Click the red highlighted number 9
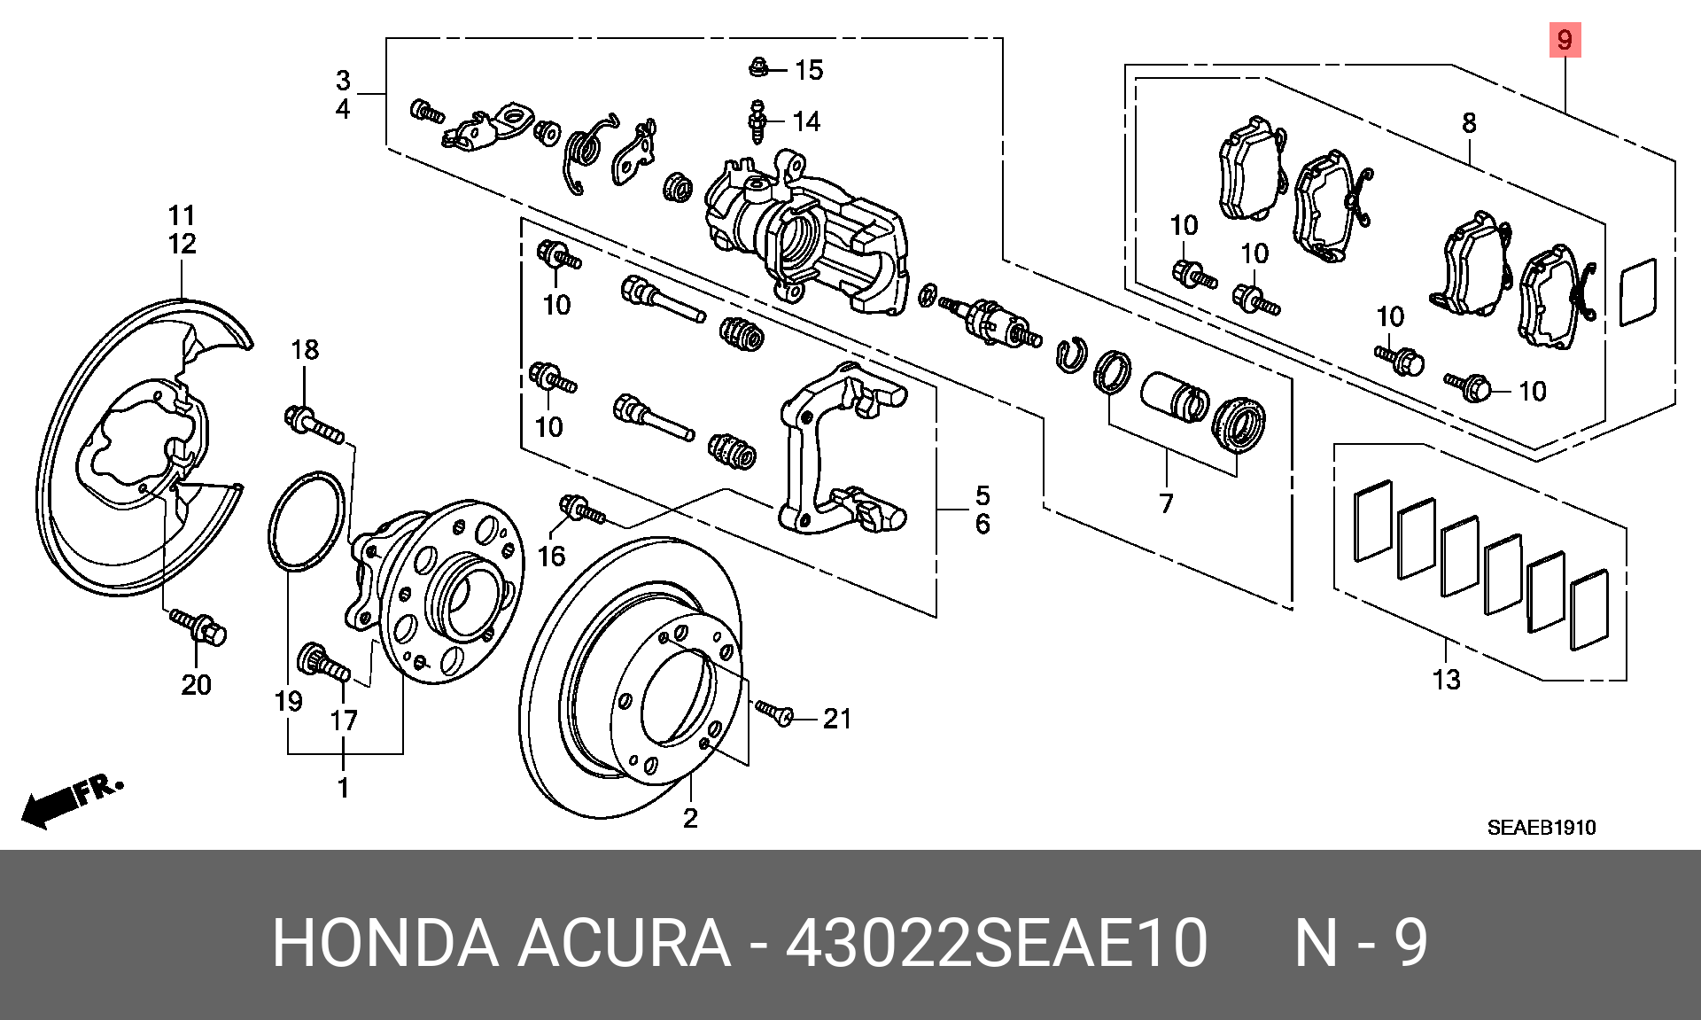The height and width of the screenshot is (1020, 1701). point(1565,40)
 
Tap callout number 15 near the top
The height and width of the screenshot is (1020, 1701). point(809,70)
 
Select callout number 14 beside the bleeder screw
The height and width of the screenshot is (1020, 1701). point(806,121)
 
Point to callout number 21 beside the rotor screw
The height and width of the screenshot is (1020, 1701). point(837,719)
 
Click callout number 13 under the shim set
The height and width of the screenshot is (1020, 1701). point(1446,680)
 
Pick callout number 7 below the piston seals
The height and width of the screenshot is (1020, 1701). point(1166,503)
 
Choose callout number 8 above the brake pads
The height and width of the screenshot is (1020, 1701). point(1469,122)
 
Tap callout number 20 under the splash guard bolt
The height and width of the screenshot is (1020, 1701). point(197,684)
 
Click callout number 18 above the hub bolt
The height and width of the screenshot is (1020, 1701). point(305,350)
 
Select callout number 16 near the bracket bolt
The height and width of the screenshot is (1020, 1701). point(551,557)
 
